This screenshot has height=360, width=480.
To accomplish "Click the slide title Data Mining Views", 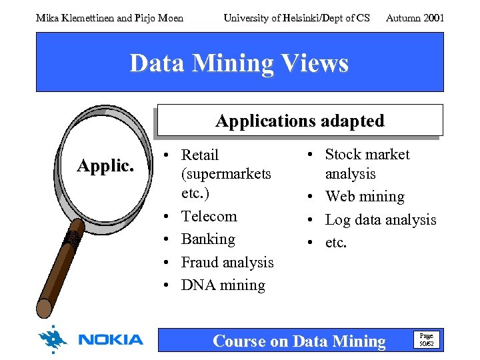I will coord(239,63).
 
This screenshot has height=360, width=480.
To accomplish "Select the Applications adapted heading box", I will coord(299,121).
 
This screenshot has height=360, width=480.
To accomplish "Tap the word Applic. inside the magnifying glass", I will coord(105,166).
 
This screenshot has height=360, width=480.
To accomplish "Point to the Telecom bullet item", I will coord(209,216).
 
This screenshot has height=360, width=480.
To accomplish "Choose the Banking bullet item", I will coord(208,239).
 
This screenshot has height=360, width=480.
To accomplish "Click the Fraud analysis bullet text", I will coord(227,262).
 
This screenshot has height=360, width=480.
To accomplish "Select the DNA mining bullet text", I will coord(223,285).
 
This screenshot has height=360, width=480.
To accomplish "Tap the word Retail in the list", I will coord(200,155).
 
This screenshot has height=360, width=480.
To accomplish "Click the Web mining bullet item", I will coord(364,197).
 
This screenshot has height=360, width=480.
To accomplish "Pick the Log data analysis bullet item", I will coord(380,219).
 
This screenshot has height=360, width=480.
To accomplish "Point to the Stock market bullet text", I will coord(367,155).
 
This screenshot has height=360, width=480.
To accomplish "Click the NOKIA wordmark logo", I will coord(111,340).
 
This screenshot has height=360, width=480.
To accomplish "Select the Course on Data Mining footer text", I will coord(299,341).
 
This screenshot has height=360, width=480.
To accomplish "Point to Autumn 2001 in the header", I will coord(415,18).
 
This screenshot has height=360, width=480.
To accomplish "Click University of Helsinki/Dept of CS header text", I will coord(296,18).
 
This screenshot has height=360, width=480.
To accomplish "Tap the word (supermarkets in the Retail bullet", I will coord(226,174).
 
